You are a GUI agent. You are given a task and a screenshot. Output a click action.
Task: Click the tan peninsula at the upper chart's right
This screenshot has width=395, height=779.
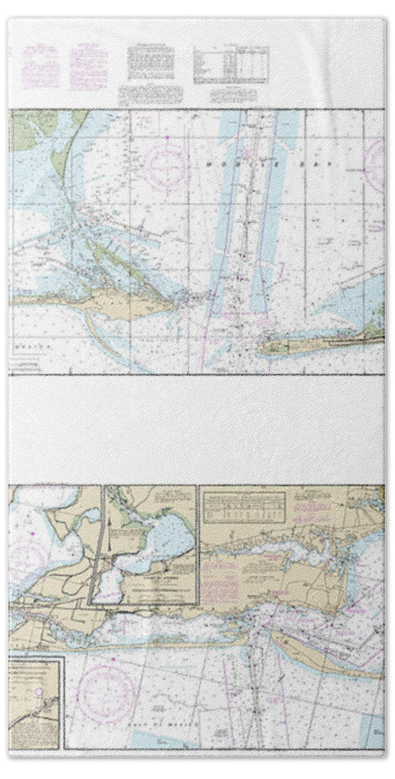tap(326, 342)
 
